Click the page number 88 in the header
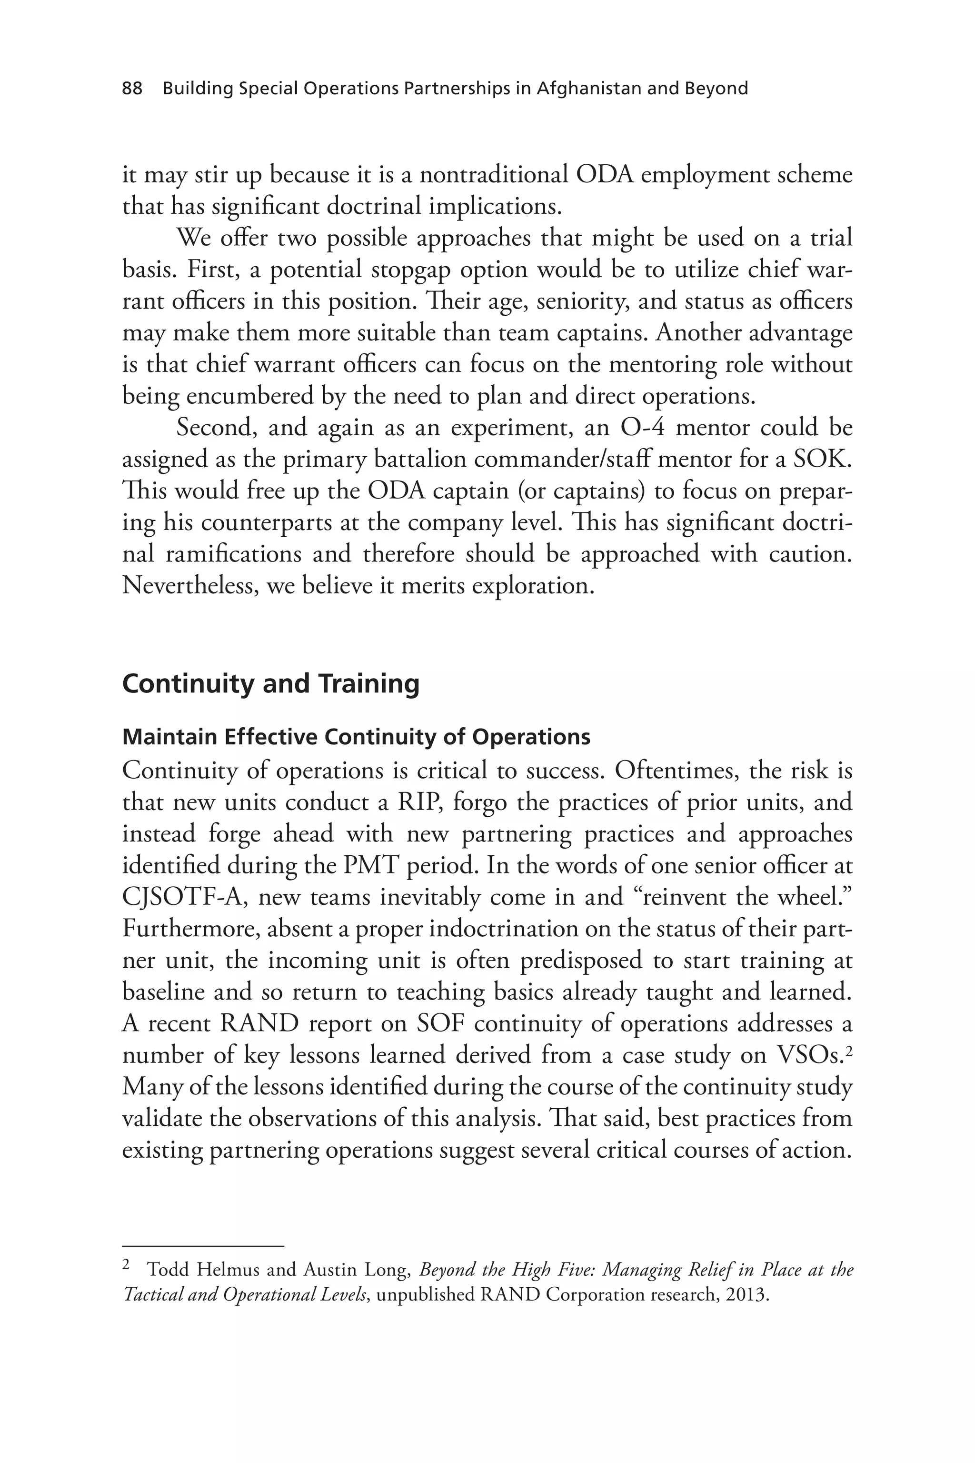[x=132, y=89]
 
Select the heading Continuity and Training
[x=270, y=683]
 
